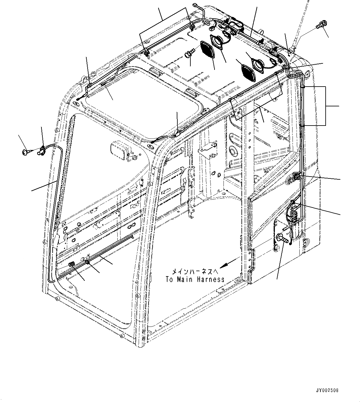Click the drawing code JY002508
327,390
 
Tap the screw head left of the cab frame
25,152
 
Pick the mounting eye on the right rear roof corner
307,74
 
